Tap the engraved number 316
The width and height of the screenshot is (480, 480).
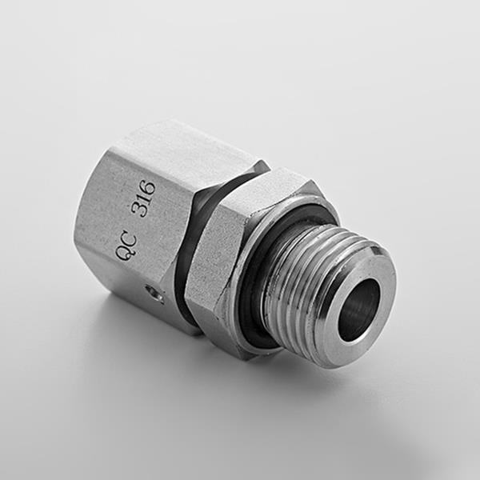coord(143,199)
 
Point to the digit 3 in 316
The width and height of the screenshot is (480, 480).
coord(139,211)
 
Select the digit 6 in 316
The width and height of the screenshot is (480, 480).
coord(147,188)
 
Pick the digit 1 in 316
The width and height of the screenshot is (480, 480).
coord(144,199)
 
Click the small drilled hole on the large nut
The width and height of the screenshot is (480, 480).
coord(154,294)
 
